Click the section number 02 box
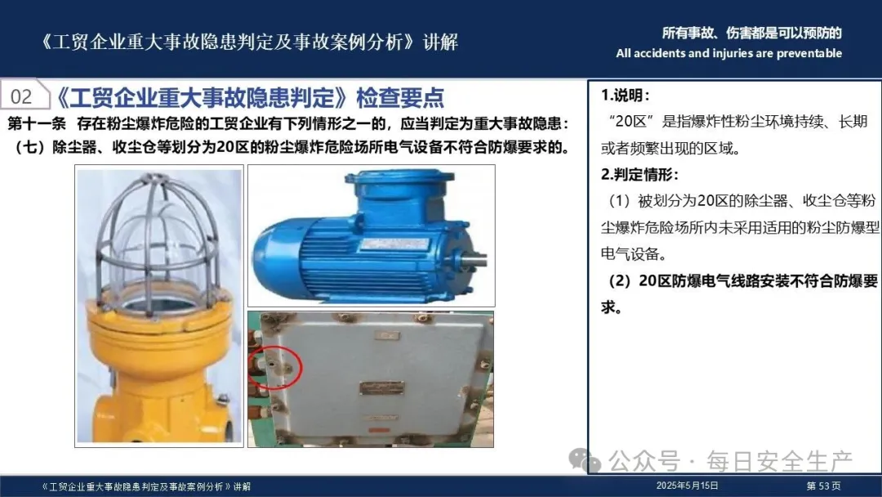click(24, 96)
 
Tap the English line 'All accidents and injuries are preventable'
click(729, 53)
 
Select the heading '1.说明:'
click(625, 95)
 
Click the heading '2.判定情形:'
click(639, 174)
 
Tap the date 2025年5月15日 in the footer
click(687, 486)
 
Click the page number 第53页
click(823, 486)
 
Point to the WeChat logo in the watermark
click(585, 460)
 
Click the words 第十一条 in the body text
click(37, 123)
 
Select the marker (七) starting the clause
click(33, 147)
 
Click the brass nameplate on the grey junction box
click(382, 387)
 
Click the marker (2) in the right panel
click(620, 281)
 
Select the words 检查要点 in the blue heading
click(400, 97)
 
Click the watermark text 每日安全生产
click(780, 461)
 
